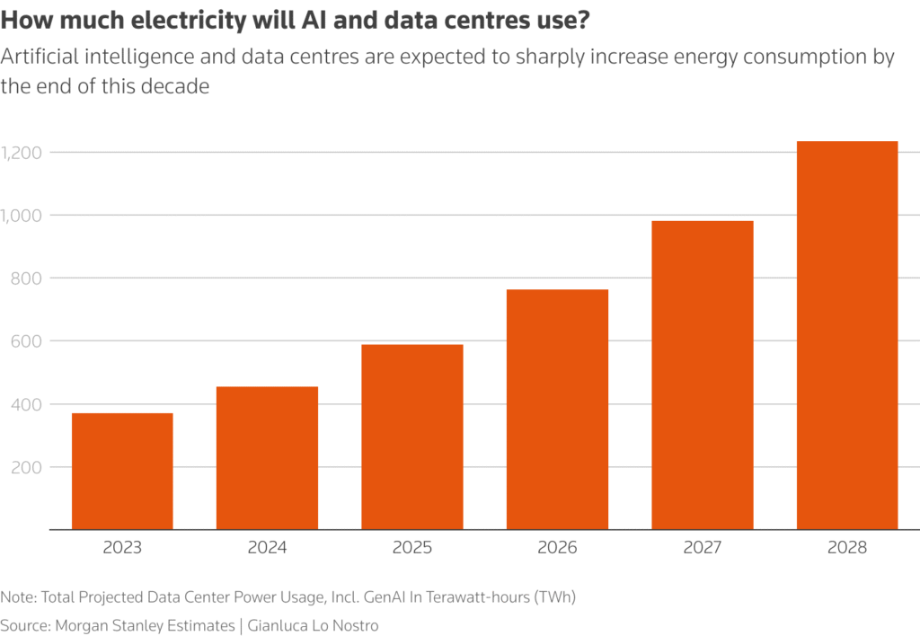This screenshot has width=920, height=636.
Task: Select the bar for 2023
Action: [122, 471]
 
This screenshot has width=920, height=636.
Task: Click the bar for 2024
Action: [267, 457]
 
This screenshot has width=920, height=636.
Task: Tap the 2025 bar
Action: [412, 437]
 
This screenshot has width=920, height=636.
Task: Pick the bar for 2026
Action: [557, 409]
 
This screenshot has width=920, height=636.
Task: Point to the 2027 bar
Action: [703, 375]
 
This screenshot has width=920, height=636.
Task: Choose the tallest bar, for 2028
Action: [847, 335]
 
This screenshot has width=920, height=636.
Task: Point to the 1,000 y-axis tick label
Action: [24, 216]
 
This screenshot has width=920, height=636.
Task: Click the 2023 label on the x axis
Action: [122, 548]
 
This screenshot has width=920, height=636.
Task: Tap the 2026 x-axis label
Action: [557, 548]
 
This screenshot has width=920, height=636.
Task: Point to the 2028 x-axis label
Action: [847, 548]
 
